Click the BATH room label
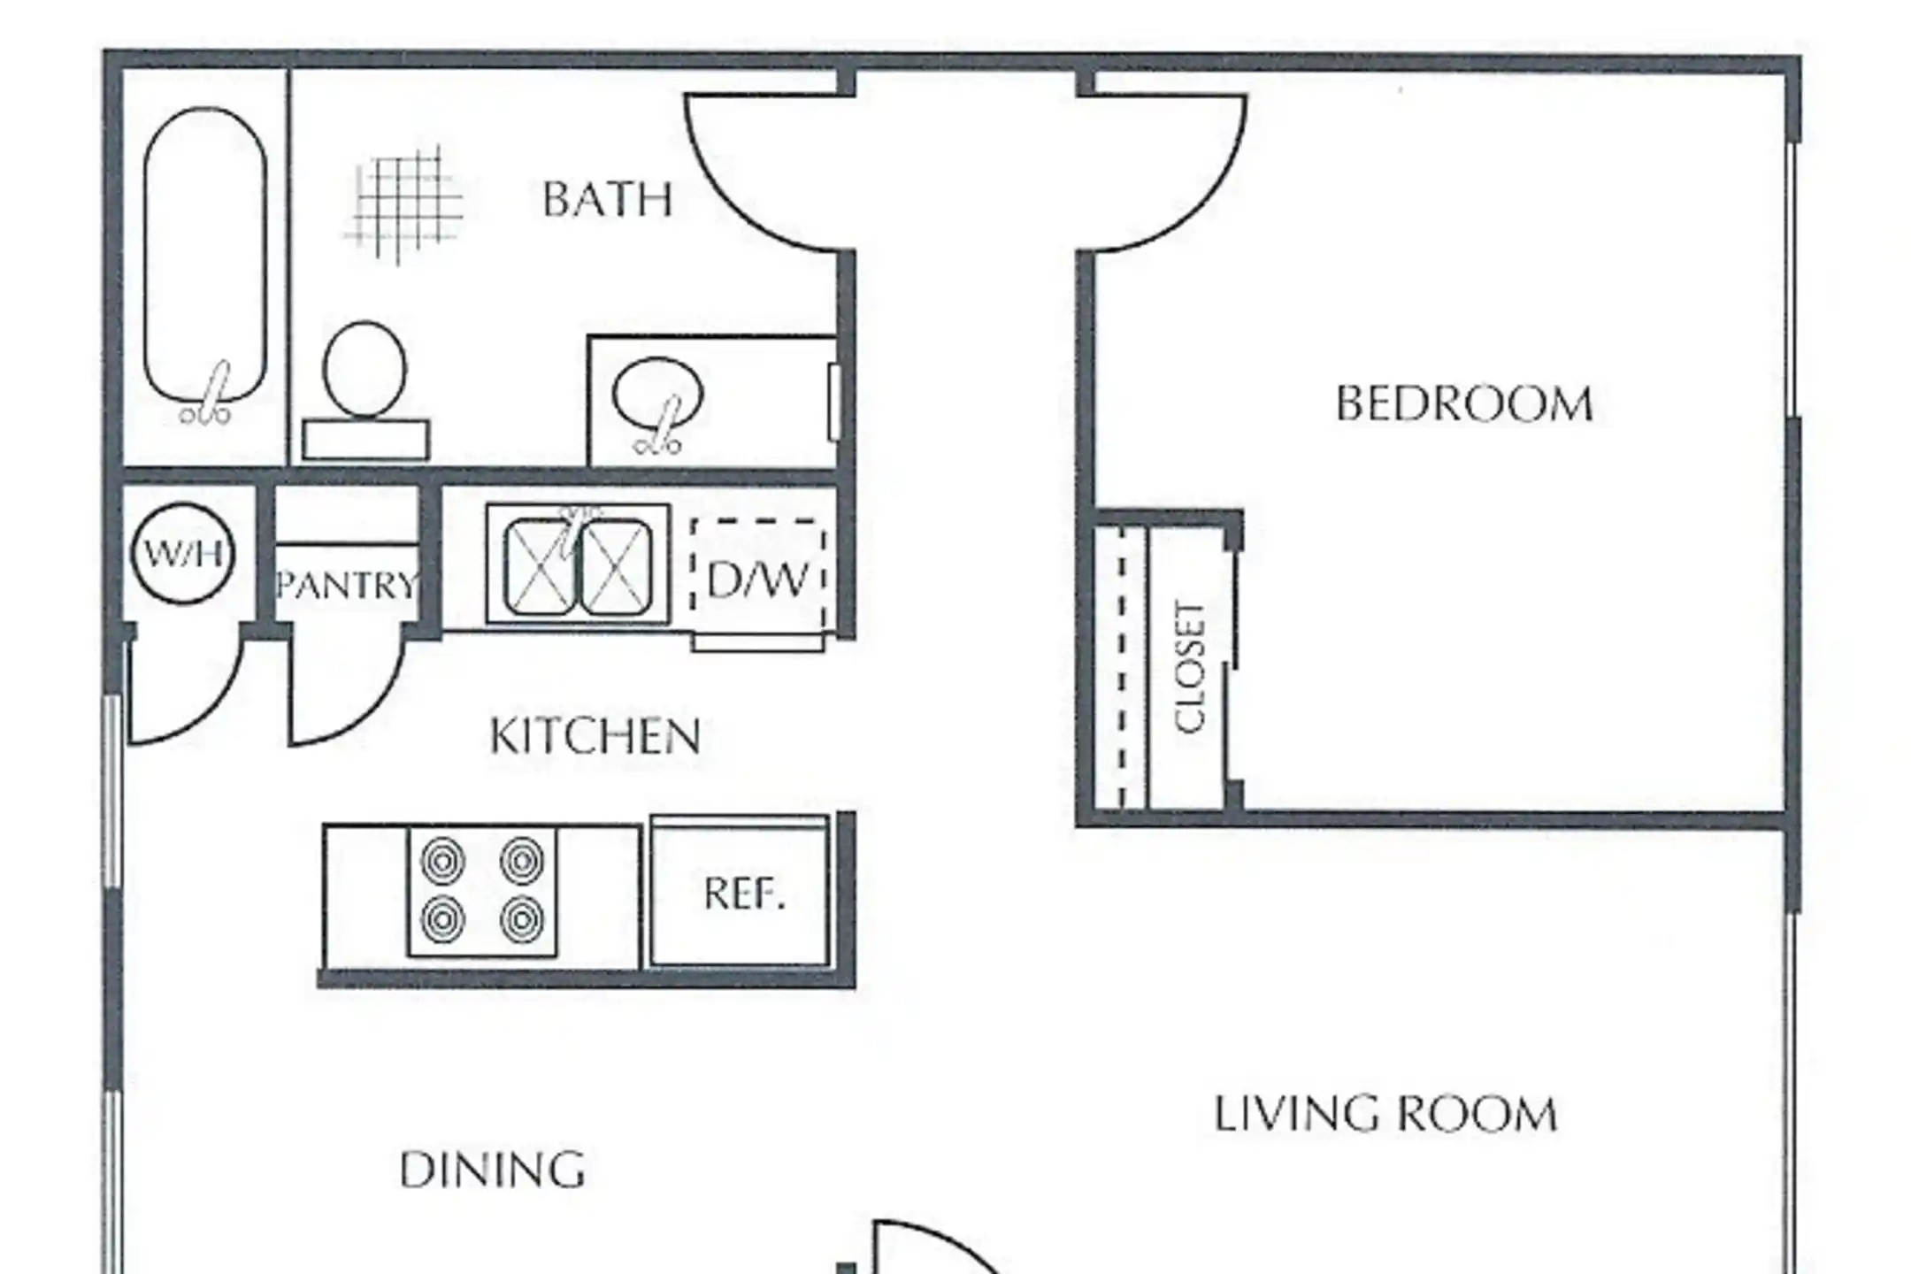[607, 199]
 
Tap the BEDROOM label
[1464, 404]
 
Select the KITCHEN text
[595, 736]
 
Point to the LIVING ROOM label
[1385, 1114]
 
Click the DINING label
[492, 1170]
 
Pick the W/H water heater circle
[183, 554]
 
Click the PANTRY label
[346, 585]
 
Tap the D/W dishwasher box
[759, 577]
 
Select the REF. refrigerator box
[741, 892]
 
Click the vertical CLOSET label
[1190, 667]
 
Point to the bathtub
[205, 257]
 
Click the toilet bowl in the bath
[365, 369]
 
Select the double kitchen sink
[578, 564]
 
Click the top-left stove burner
[442, 861]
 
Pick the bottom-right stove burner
[522, 920]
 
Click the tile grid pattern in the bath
[403, 206]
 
